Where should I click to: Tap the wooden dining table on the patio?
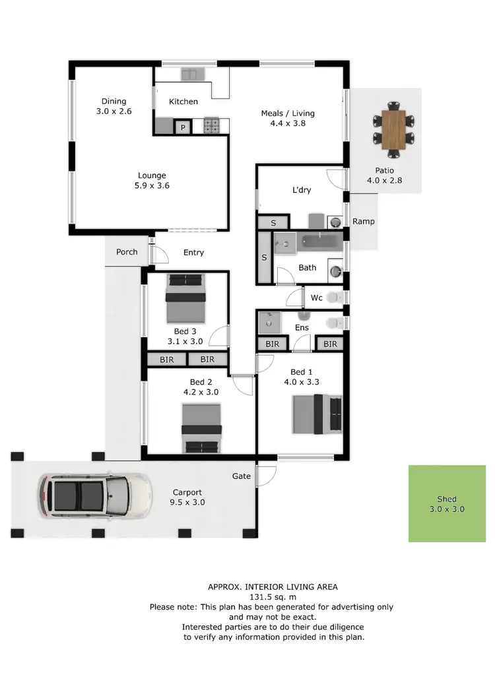(x=393, y=130)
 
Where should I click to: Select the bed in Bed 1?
(x=317, y=414)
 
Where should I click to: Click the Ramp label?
(x=363, y=222)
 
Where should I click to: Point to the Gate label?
(x=241, y=476)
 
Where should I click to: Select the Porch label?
(x=127, y=252)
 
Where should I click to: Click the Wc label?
(x=317, y=298)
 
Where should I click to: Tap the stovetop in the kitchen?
(x=213, y=125)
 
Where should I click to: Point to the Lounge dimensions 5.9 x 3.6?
(x=152, y=186)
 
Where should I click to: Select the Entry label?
(x=193, y=253)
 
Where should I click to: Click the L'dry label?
(x=302, y=190)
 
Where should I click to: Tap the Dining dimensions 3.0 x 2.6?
(x=114, y=111)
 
